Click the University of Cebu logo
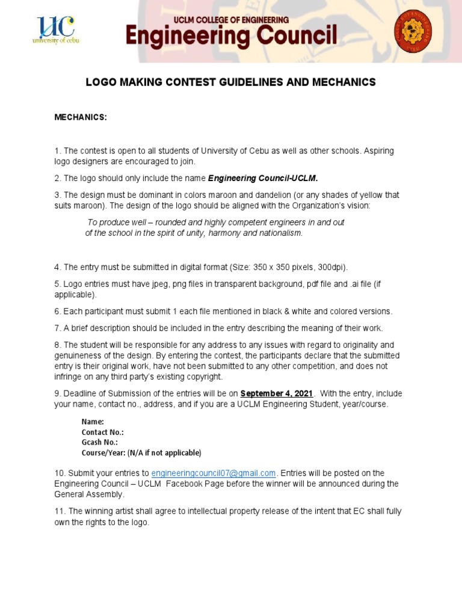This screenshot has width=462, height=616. coord(55,29)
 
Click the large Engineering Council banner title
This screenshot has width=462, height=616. coord(231,37)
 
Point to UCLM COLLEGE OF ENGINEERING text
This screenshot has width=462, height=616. coord(231,20)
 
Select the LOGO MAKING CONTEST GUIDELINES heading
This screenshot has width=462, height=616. coord(231,82)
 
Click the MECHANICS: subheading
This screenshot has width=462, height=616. coord(81,117)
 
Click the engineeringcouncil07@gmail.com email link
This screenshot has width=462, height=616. coord(213,473)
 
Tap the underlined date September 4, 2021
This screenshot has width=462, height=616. coord(277,393)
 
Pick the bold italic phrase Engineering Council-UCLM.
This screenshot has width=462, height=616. coord(263,178)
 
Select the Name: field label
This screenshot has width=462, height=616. coord(93,422)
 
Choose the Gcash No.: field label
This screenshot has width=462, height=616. coord(100,442)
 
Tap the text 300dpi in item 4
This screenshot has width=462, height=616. coord(333,267)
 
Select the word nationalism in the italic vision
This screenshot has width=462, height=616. coord(280,233)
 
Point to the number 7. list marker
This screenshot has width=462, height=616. coord(58,328)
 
